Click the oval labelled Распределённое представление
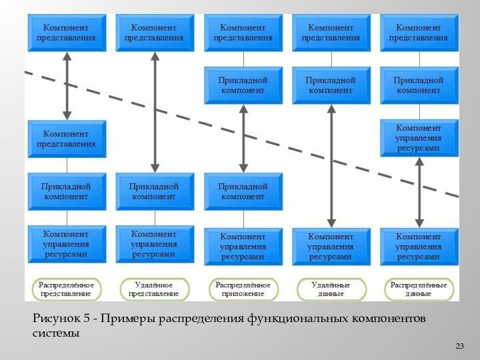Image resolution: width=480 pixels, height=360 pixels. (66, 289)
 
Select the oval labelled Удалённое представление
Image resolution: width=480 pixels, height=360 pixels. (154, 289)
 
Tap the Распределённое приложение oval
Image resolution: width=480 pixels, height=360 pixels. (243, 289)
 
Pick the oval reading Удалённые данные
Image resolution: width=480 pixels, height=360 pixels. (331, 289)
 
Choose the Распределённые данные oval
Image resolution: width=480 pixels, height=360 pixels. (419, 289)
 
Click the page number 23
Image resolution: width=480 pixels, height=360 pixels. (459, 346)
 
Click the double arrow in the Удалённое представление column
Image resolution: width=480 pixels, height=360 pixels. (155, 112)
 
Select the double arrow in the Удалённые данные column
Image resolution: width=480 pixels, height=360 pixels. (331, 166)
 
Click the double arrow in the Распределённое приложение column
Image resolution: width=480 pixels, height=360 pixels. (243, 139)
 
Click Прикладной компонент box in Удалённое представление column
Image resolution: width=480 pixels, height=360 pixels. (155, 192)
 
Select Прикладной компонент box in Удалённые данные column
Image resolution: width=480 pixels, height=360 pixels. (331, 85)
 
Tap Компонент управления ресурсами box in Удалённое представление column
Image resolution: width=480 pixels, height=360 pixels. (155, 244)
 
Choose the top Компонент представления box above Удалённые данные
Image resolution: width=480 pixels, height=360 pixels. (331, 33)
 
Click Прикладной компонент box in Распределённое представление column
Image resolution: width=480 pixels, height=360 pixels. (67, 192)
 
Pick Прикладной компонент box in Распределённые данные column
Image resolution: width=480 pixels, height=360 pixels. (419, 85)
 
